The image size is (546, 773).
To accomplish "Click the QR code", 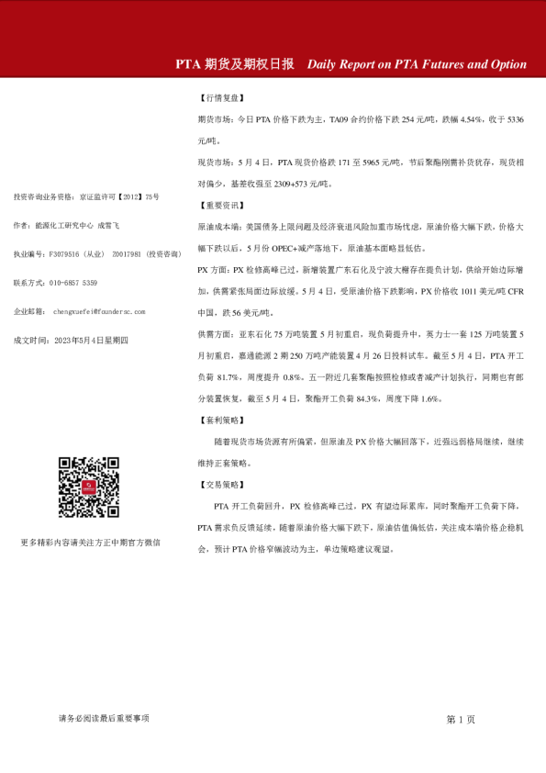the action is pos(89,487).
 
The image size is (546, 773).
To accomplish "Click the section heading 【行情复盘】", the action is pos(221,97).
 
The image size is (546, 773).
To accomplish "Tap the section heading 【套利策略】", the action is pos(221,420).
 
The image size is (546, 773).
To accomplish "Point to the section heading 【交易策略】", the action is pos(221,484).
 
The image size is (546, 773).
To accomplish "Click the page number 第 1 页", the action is pos(461,719).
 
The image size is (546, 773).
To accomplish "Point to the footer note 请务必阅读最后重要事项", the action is pos(103,718).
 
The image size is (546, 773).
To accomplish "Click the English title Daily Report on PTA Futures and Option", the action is pos(417,64).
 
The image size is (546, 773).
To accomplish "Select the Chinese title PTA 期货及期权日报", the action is pos(235,64).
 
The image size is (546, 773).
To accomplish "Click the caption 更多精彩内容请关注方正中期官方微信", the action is pos(90,543).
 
